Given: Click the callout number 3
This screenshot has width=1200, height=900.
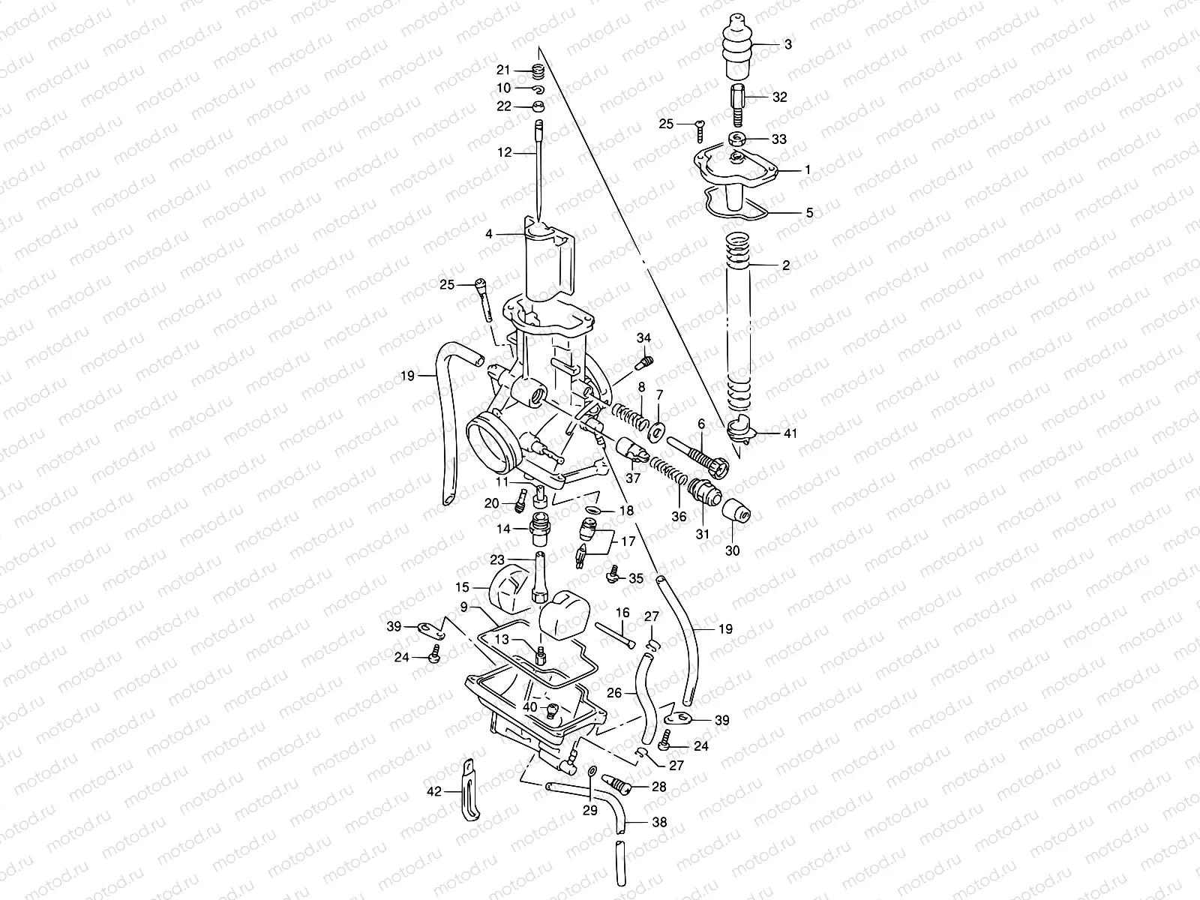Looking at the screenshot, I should click(787, 45).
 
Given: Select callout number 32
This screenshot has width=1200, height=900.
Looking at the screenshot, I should click(780, 97).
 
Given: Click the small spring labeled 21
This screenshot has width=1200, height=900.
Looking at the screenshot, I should click(537, 71).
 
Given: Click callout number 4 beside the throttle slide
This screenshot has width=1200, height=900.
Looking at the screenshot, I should click(489, 234).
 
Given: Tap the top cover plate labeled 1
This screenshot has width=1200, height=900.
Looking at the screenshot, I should click(750, 169).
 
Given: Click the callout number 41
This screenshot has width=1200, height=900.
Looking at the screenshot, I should click(790, 433).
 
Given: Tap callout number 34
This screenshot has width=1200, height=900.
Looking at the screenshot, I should click(644, 337).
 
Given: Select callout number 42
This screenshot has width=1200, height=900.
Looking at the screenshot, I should click(434, 790).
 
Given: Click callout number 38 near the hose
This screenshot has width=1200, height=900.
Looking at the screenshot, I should click(659, 822).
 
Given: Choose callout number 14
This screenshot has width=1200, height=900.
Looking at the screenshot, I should click(502, 529).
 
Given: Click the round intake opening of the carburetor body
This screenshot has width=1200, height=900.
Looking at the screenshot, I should click(492, 450).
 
